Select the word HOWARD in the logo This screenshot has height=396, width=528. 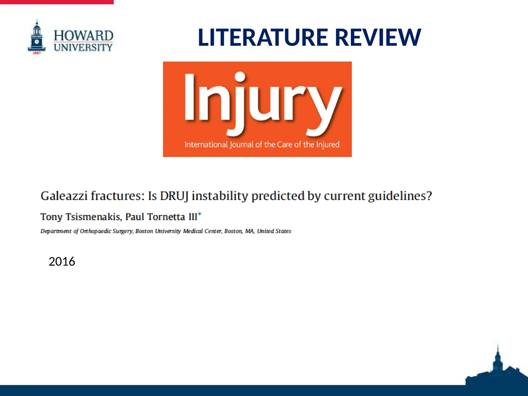pos(83,36)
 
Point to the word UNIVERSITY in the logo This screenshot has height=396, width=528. pos(83,47)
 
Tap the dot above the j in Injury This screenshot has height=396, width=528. pos(240,77)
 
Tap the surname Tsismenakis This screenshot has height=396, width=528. pos(93,217)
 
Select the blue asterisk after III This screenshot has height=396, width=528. pos(200,214)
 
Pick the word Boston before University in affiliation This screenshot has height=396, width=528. pos(144,231)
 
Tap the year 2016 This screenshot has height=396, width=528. pos(62,261)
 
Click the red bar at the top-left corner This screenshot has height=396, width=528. pos(57,2)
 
